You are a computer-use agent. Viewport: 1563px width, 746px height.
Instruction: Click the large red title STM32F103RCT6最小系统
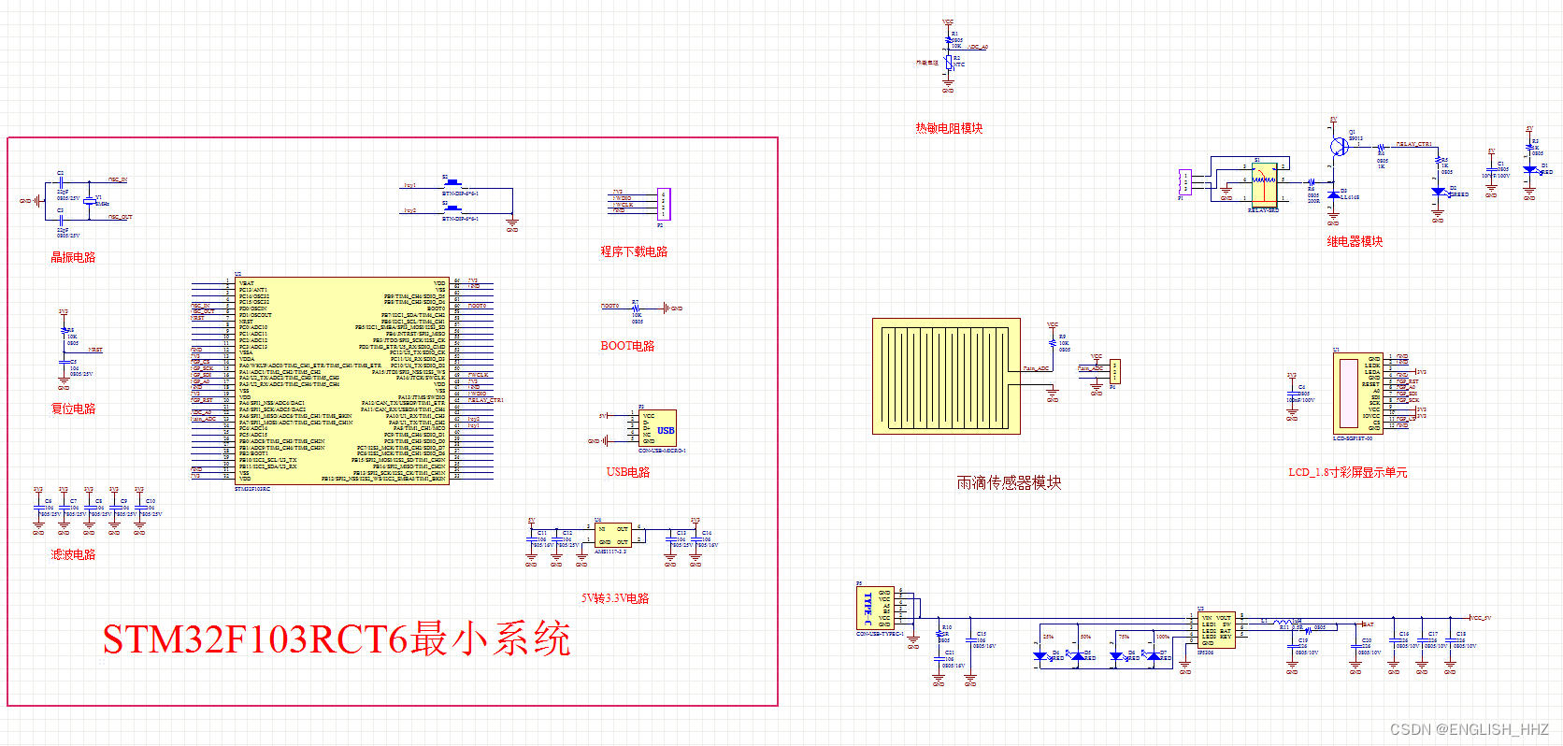coord(337,639)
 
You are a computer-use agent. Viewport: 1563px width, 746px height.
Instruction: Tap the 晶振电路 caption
coord(73,257)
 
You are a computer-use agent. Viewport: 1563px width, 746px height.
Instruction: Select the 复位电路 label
coord(73,409)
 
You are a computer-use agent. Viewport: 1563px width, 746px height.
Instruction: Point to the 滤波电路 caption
coord(73,554)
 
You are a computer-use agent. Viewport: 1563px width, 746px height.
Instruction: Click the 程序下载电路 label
coord(634,251)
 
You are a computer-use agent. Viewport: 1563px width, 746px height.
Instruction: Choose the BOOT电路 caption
coord(627,346)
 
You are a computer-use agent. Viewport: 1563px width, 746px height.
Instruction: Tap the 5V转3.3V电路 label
coord(615,598)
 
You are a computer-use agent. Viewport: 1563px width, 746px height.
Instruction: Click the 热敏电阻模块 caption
coord(949,128)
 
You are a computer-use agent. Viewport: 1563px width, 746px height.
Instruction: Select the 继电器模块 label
coord(1355,241)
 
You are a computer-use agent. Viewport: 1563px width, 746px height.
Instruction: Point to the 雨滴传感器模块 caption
coord(1009,482)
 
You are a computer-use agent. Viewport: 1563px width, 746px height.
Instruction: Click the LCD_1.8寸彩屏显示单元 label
coord(1347,472)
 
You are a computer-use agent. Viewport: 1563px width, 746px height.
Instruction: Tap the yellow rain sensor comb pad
coord(946,376)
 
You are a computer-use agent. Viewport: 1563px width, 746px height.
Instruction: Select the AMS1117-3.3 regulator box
coord(612,535)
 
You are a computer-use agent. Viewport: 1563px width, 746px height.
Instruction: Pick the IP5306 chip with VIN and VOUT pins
coord(1216,630)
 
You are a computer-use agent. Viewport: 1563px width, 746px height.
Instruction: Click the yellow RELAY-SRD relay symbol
coord(1264,183)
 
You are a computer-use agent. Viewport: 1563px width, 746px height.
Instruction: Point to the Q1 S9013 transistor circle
coord(1340,146)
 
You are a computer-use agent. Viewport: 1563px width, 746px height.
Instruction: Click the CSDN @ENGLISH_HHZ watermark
coord(1469,729)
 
